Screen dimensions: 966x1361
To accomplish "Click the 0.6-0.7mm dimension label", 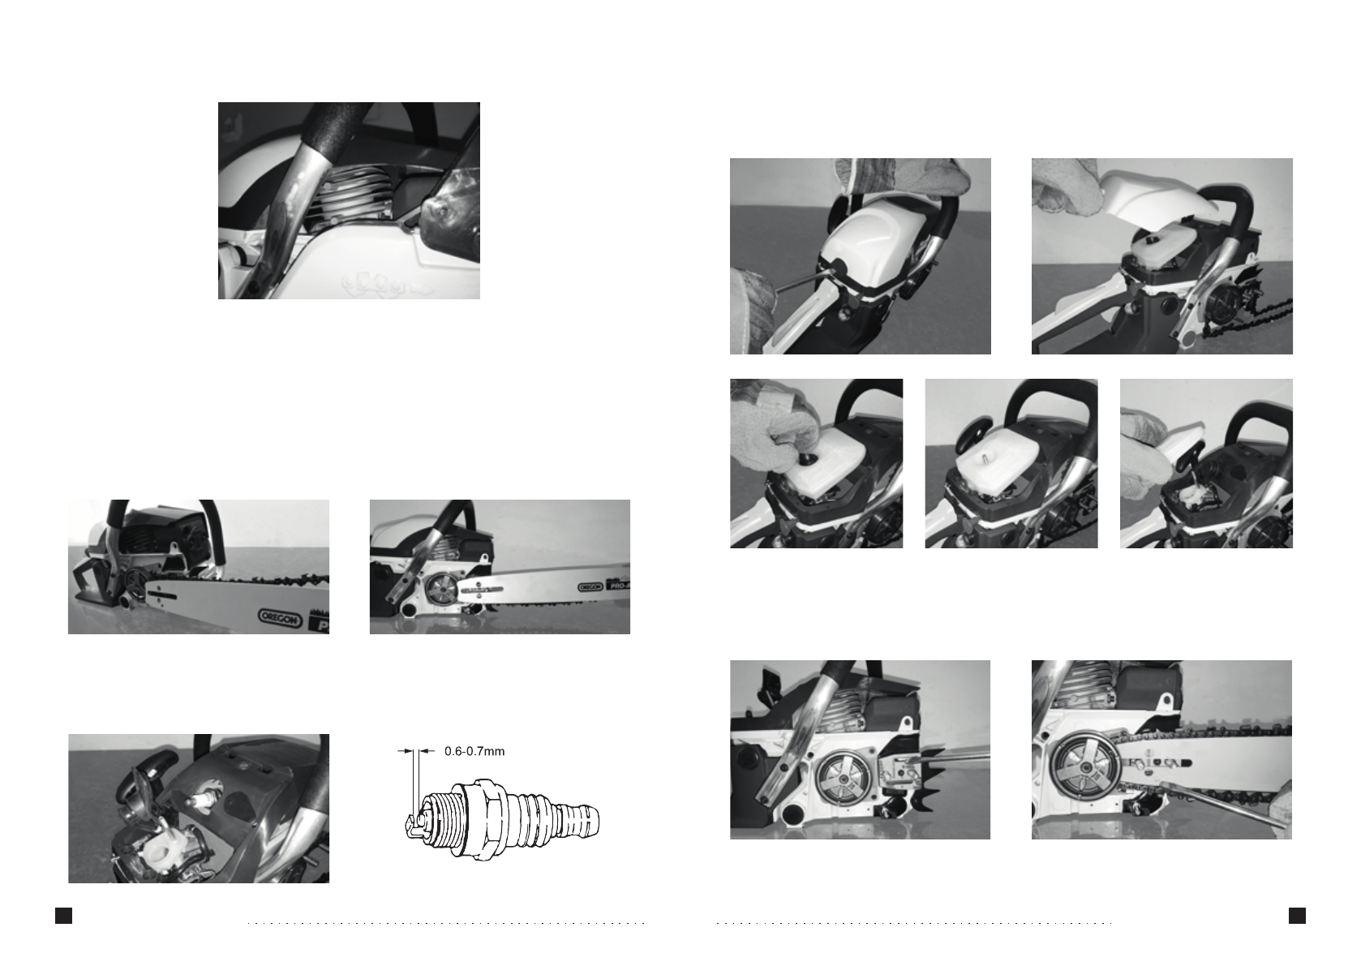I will [474, 751].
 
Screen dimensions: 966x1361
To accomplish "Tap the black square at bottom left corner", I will [63, 916].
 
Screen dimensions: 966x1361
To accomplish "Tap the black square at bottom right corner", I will [1297, 916].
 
